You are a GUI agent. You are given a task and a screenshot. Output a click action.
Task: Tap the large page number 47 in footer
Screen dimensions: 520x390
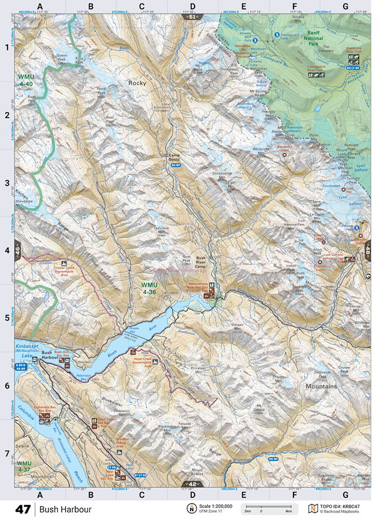tap(23, 509)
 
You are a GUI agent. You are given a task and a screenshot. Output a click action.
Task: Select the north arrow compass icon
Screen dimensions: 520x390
tap(190, 509)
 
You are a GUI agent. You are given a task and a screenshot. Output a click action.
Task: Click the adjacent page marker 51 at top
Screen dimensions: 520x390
tap(192, 17)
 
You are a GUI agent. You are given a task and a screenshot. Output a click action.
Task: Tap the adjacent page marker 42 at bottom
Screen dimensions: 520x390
tap(192, 484)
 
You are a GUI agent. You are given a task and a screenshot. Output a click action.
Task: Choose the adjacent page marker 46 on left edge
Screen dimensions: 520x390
tap(18, 250)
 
